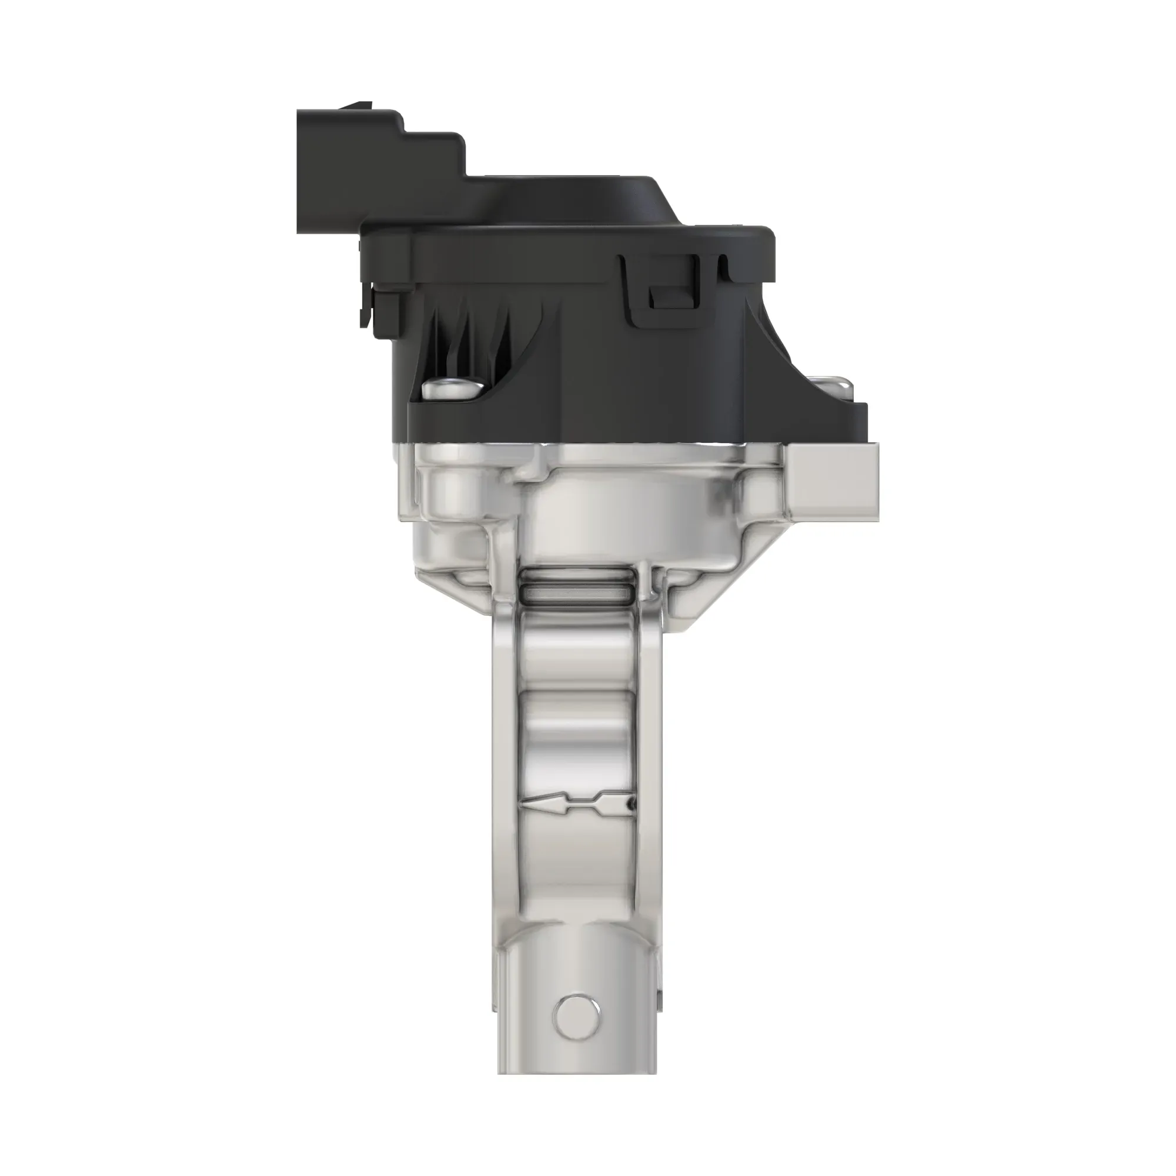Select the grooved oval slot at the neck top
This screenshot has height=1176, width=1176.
click(575, 582)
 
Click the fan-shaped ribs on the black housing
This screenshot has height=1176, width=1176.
click(469, 341)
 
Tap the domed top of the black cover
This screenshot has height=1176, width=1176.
click(584, 201)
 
